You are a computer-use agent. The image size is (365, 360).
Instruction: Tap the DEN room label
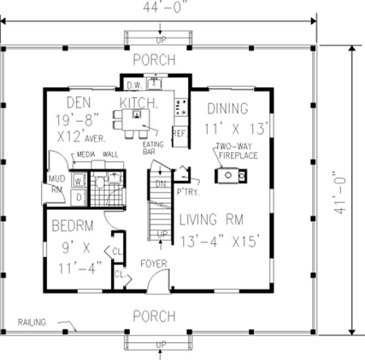coord(79,101)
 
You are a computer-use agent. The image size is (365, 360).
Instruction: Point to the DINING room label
coord(228,109)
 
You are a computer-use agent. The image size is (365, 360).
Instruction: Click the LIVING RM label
coord(211,219)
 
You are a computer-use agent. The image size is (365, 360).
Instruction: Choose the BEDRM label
coord(73,225)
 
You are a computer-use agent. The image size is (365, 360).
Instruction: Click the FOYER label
coord(154,264)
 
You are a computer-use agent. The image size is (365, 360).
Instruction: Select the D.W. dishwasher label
coord(135,85)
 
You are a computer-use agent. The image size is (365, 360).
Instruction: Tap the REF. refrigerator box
coord(178,134)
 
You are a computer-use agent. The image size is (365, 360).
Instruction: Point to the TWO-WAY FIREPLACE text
coord(237,151)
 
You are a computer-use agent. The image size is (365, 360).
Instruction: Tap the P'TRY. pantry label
coord(188,192)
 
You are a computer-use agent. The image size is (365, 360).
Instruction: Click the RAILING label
coord(32,323)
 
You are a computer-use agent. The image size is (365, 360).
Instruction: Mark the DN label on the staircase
coord(160,183)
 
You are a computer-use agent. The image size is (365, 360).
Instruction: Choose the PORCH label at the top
coord(154,60)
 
